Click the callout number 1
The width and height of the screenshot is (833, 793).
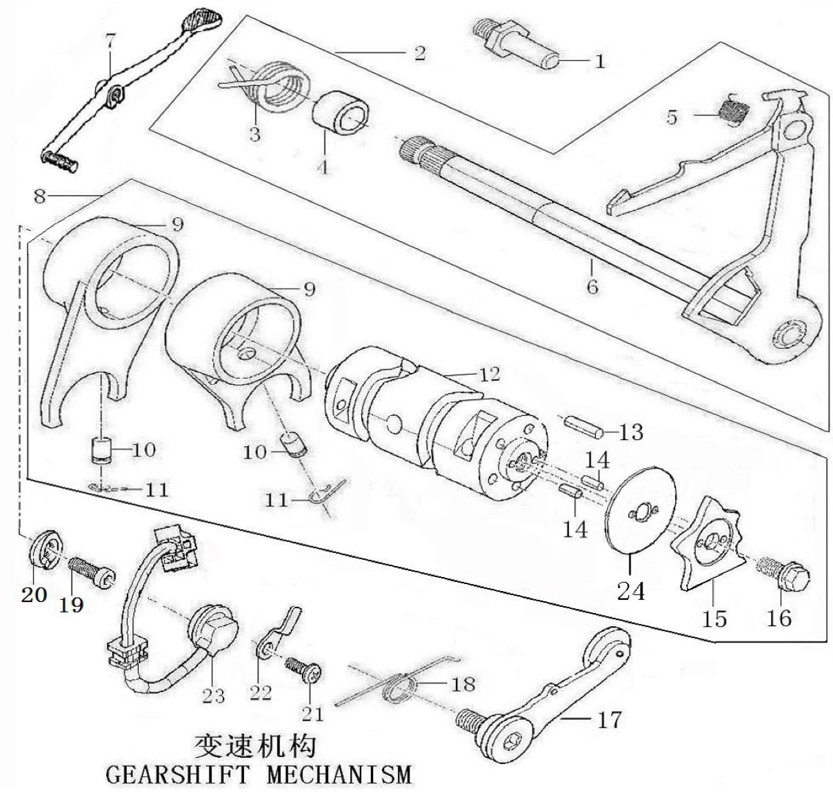(599, 61)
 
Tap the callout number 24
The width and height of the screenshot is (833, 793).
(631, 590)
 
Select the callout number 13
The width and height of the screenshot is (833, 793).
(631, 433)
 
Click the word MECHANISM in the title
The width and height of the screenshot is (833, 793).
(339, 775)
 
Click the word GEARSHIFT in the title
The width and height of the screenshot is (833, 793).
(177, 775)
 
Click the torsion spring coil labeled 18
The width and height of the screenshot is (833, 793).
(399, 690)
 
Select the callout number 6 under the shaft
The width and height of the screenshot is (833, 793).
(592, 287)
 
